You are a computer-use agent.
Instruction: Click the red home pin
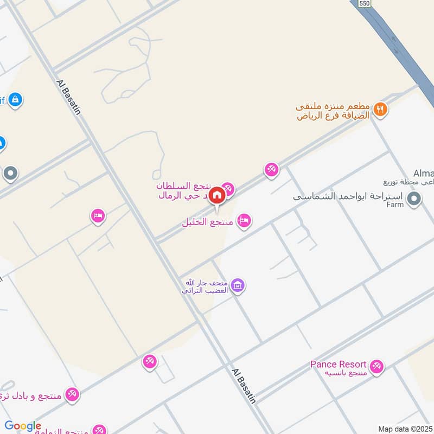[x=216, y=195]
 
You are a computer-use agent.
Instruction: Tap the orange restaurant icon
[x=381, y=108]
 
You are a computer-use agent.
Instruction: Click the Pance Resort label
[x=338, y=364]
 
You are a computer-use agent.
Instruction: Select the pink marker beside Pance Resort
[x=376, y=367]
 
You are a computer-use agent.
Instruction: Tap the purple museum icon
[x=237, y=285]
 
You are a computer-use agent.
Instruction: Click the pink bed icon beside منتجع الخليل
[x=244, y=220]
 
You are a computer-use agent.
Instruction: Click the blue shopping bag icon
[x=15, y=100]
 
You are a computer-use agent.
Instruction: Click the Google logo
[x=23, y=426]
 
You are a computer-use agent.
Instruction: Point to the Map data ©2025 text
[x=405, y=429]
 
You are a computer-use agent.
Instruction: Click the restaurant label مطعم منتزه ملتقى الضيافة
[x=333, y=111]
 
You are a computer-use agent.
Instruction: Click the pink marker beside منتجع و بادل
[x=72, y=394]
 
